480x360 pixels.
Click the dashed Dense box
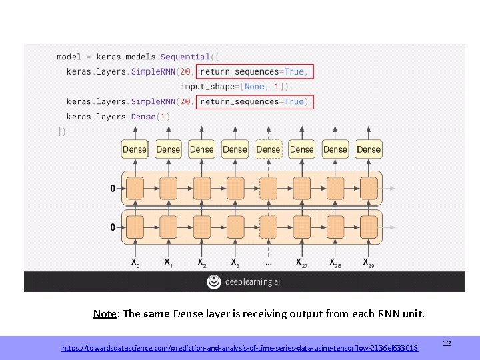click(x=269, y=149)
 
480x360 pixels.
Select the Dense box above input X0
click(x=135, y=149)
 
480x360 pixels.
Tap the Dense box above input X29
click(x=369, y=149)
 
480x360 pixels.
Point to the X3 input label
click(x=235, y=263)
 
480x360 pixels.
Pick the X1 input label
click(x=168, y=263)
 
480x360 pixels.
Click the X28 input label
click(x=335, y=263)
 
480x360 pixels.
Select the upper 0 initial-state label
click(x=113, y=189)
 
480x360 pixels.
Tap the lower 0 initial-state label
click(x=113, y=227)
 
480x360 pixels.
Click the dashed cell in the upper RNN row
click(x=268, y=189)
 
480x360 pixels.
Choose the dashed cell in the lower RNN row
click(x=268, y=227)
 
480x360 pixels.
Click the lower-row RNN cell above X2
click(x=201, y=227)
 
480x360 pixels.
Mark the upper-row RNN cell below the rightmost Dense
click(x=369, y=189)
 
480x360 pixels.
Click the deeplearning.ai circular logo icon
click(x=214, y=282)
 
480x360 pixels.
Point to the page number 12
click(x=447, y=343)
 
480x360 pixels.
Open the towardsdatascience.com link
click(x=240, y=348)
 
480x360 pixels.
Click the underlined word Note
click(x=105, y=313)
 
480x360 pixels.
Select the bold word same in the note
click(x=157, y=313)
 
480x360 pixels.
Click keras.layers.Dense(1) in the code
click(x=119, y=117)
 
